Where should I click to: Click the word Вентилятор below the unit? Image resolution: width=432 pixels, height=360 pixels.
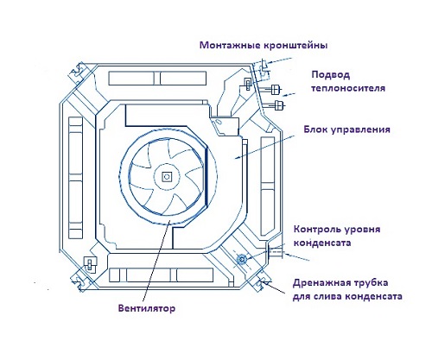pyautogui.click(x=147, y=308)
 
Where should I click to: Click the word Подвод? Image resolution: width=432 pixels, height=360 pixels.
pyautogui.click(x=331, y=75)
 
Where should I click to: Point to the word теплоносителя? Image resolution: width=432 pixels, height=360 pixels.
pyautogui.click(x=348, y=88)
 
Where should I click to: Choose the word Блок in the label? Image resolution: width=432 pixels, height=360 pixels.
pyautogui.click(x=315, y=129)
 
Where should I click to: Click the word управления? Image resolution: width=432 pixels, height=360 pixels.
pyautogui.click(x=360, y=129)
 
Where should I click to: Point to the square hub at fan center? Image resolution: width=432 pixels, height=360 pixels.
pyautogui.click(x=166, y=176)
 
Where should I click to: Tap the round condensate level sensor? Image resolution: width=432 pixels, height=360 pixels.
pyautogui.click(x=241, y=260)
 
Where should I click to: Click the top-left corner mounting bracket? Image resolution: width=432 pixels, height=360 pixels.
pyautogui.click(x=78, y=73)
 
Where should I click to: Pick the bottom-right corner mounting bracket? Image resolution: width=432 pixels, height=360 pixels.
pyautogui.click(x=262, y=282)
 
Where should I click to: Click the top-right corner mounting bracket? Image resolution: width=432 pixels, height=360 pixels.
pyautogui.click(x=262, y=69)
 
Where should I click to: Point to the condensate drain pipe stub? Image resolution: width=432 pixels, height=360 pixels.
pyautogui.click(x=276, y=253)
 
